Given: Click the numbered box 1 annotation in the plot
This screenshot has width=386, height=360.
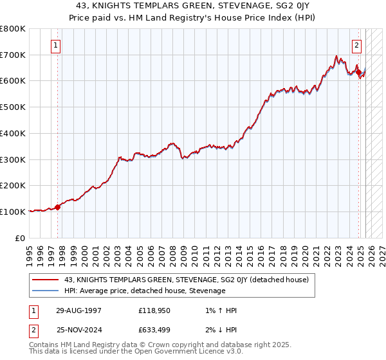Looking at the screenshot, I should (x=57, y=46).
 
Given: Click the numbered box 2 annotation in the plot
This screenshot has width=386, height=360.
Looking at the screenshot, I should (x=356, y=46).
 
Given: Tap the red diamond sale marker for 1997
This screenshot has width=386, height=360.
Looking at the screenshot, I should (x=57, y=207).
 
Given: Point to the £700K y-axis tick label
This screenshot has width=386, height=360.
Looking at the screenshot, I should (x=14, y=55).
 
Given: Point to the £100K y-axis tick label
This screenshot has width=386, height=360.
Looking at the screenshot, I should (x=14, y=212).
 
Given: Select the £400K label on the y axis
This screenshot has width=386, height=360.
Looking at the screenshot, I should (x=14, y=134).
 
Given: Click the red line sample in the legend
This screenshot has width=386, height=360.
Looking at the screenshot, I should (x=45, y=280).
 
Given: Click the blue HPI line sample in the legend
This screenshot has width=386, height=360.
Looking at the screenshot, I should (x=45, y=291).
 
